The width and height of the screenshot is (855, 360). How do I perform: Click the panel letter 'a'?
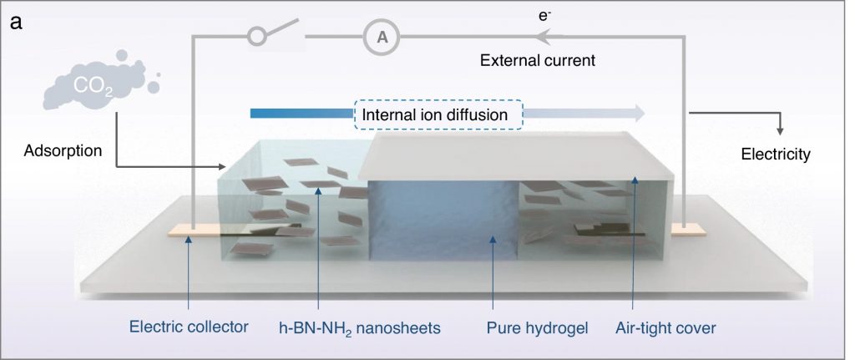click(17, 23)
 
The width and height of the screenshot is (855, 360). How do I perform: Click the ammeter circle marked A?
click(382, 37)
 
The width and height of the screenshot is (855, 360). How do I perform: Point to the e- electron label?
click(544, 16)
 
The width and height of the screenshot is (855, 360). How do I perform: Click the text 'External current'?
click(538, 60)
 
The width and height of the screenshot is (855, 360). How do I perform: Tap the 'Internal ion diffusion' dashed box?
click(438, 114)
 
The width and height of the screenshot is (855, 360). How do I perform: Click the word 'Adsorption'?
click(63, 151)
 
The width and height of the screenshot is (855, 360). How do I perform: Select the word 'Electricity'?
click(776, 155)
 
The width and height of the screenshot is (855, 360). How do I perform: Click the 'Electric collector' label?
click(189, 327)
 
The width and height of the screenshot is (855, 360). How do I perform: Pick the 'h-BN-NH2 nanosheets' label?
click(359, 328)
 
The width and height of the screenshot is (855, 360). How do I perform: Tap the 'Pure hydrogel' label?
click(537, 328)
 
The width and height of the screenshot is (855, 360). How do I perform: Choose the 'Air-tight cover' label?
click(665, 328)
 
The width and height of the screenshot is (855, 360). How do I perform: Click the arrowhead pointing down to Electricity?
click(780, 131)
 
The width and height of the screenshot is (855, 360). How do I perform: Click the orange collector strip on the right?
click(688, 231)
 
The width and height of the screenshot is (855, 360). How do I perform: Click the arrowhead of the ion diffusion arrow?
click(637, 114)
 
